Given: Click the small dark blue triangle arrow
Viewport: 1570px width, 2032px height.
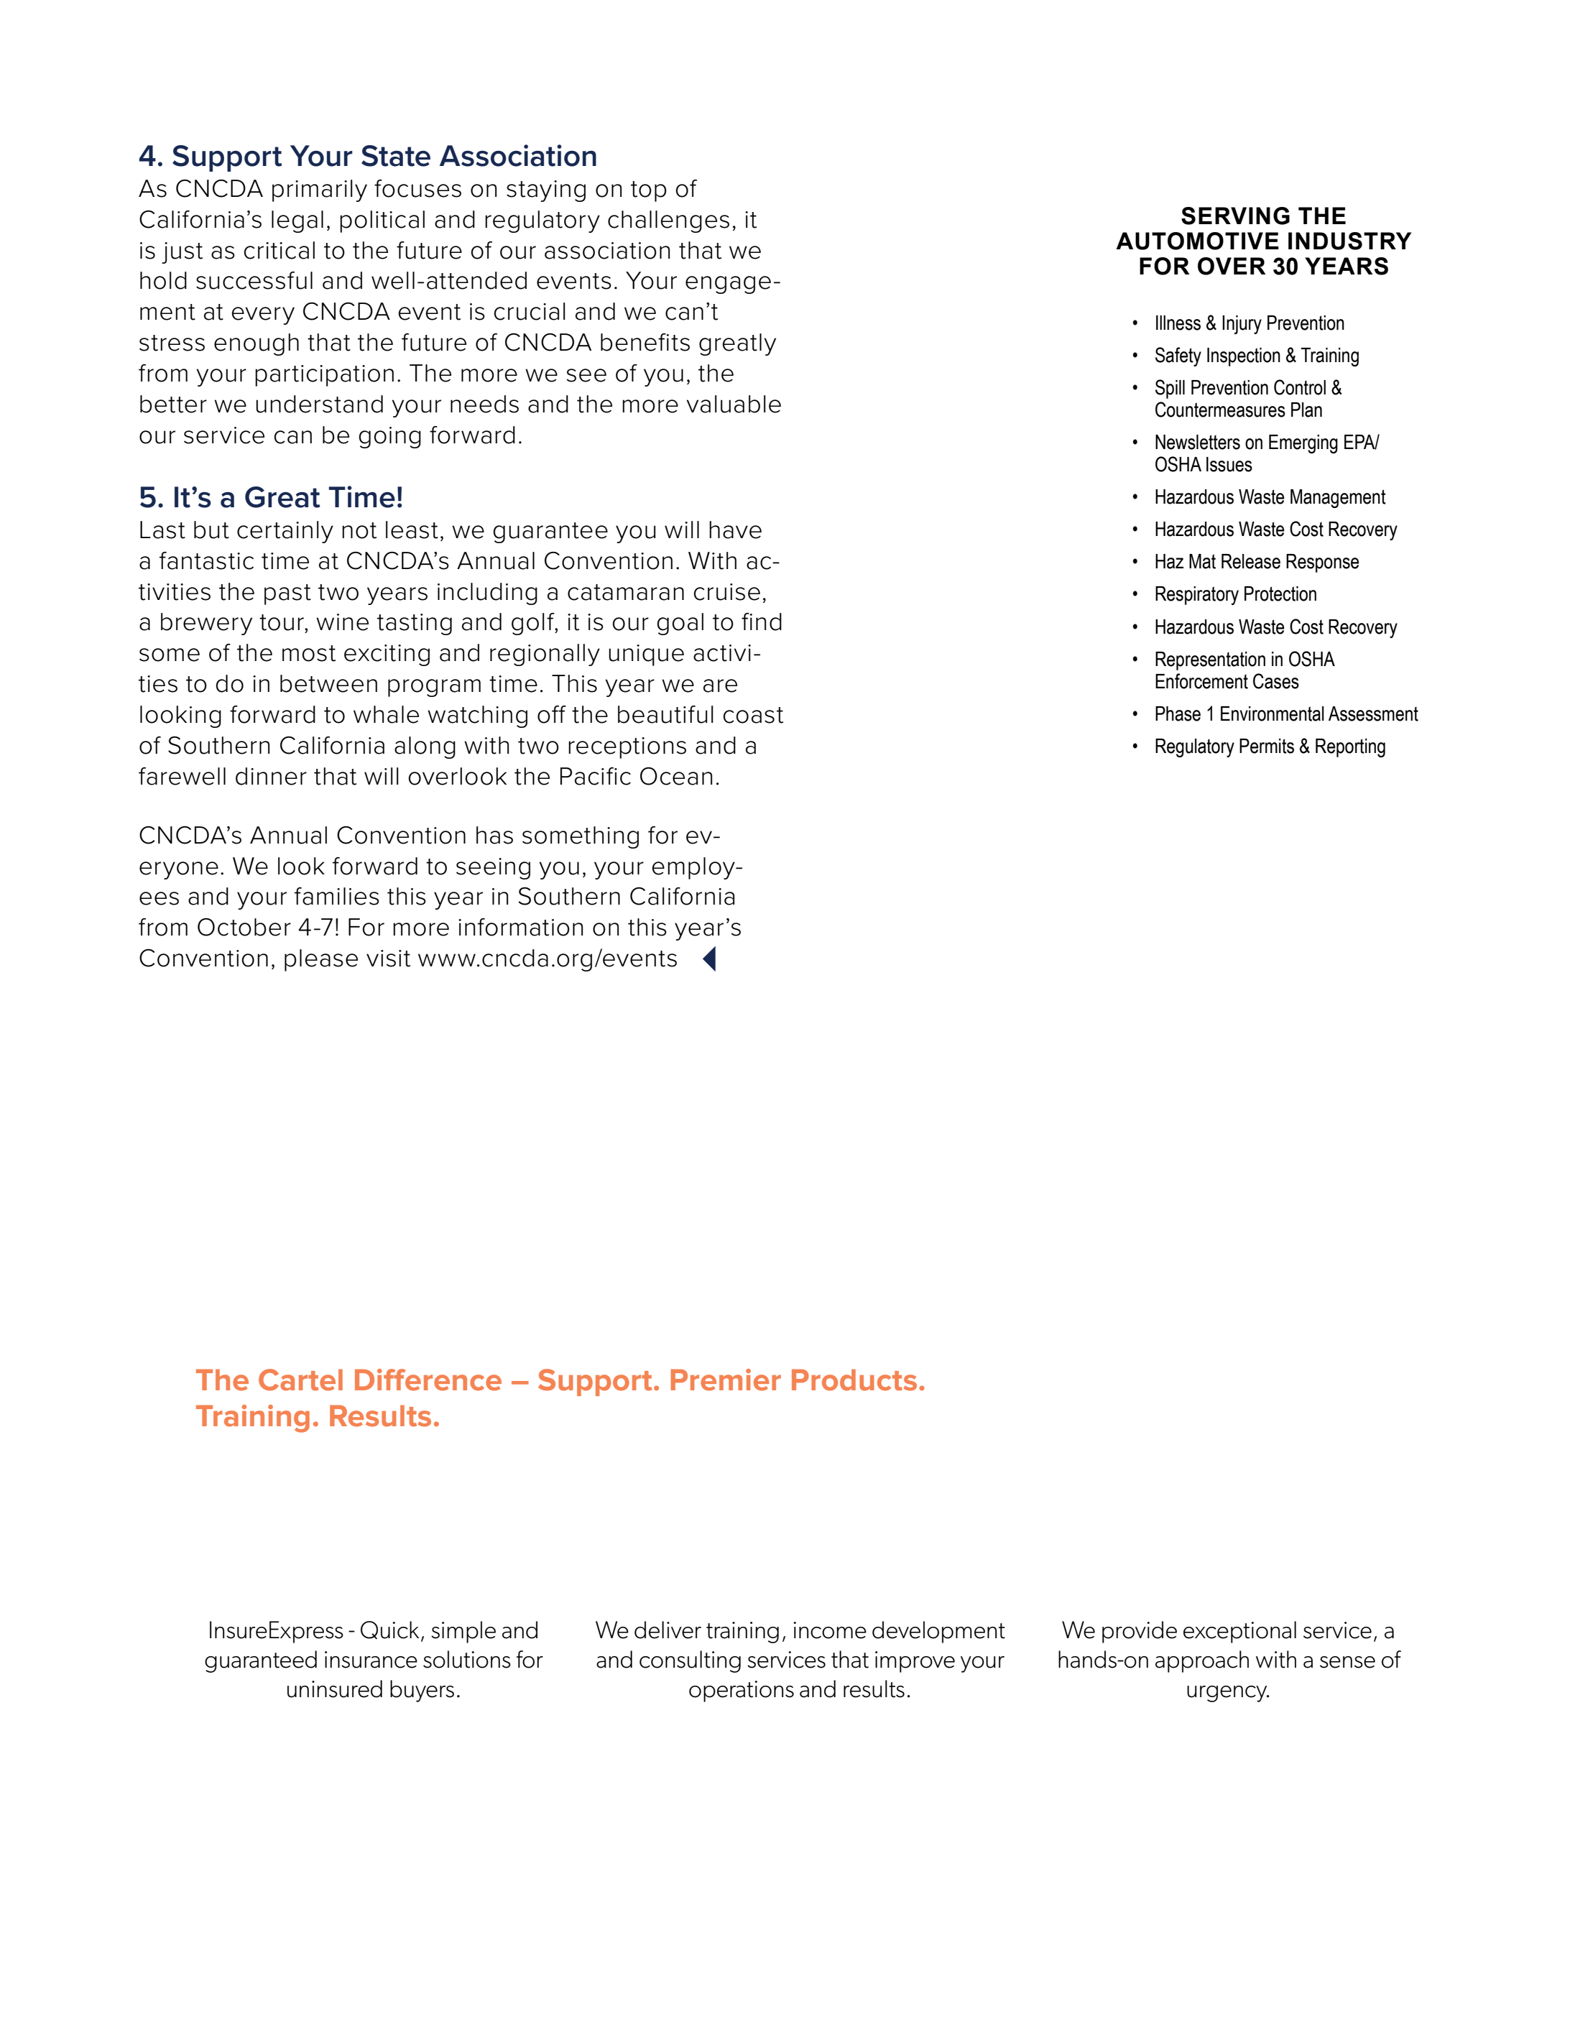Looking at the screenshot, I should (x=709, y=959).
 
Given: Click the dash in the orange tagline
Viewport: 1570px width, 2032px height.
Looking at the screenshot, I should (x=520, y=1382).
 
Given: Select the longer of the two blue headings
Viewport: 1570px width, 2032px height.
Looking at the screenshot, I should (x=368, y=157).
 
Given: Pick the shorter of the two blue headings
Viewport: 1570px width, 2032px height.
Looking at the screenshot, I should (x=271, y=498).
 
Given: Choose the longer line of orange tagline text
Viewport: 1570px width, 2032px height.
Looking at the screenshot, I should (x=559, y=1381).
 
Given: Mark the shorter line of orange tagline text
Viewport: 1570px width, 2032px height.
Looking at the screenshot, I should (x=316, y=1417).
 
